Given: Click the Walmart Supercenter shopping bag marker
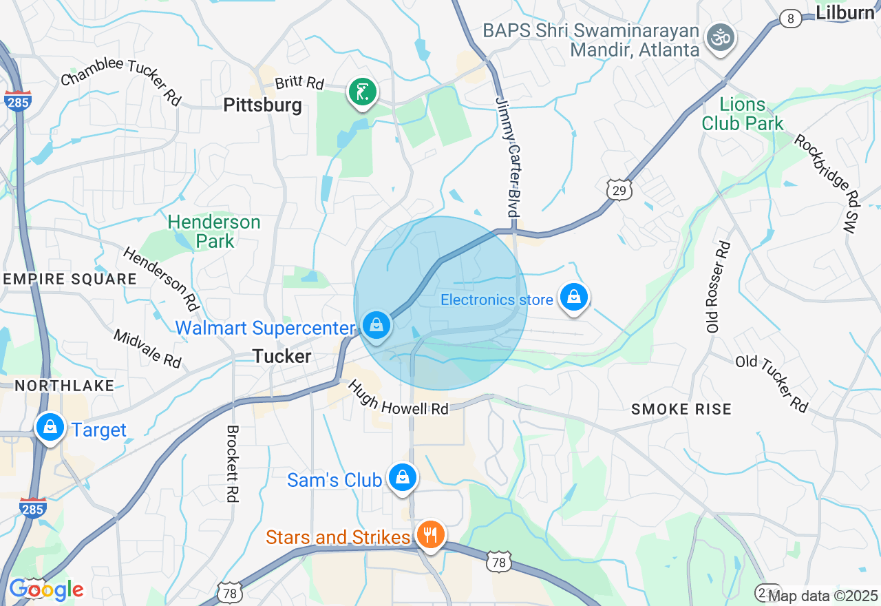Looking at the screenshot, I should pos(376,324).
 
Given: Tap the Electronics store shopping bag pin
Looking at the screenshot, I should pos(573,297).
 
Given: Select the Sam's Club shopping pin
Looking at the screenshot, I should pos(403,477).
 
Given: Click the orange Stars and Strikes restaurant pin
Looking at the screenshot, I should pos(430,534).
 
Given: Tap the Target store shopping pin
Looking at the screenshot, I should pos(50,428).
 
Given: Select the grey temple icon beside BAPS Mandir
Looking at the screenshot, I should pos(721,38).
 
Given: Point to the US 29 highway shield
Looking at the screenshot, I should pos(619,190).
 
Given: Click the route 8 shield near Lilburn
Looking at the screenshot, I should pos(791,19).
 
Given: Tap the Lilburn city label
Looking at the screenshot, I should pos(845,12).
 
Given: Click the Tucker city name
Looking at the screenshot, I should pos(282,356).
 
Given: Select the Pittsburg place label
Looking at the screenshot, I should pos(263,105).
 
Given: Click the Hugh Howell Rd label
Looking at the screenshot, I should pos(399,399).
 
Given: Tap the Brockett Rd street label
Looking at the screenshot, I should pos(232,463).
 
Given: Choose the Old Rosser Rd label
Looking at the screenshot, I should pos(717,286).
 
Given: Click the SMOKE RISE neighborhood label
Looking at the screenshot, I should pos(681,410).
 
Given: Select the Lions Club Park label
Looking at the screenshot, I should pos(743,114).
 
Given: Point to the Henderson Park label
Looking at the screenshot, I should pos(214,231).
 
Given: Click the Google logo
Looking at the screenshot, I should pos(46,589).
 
